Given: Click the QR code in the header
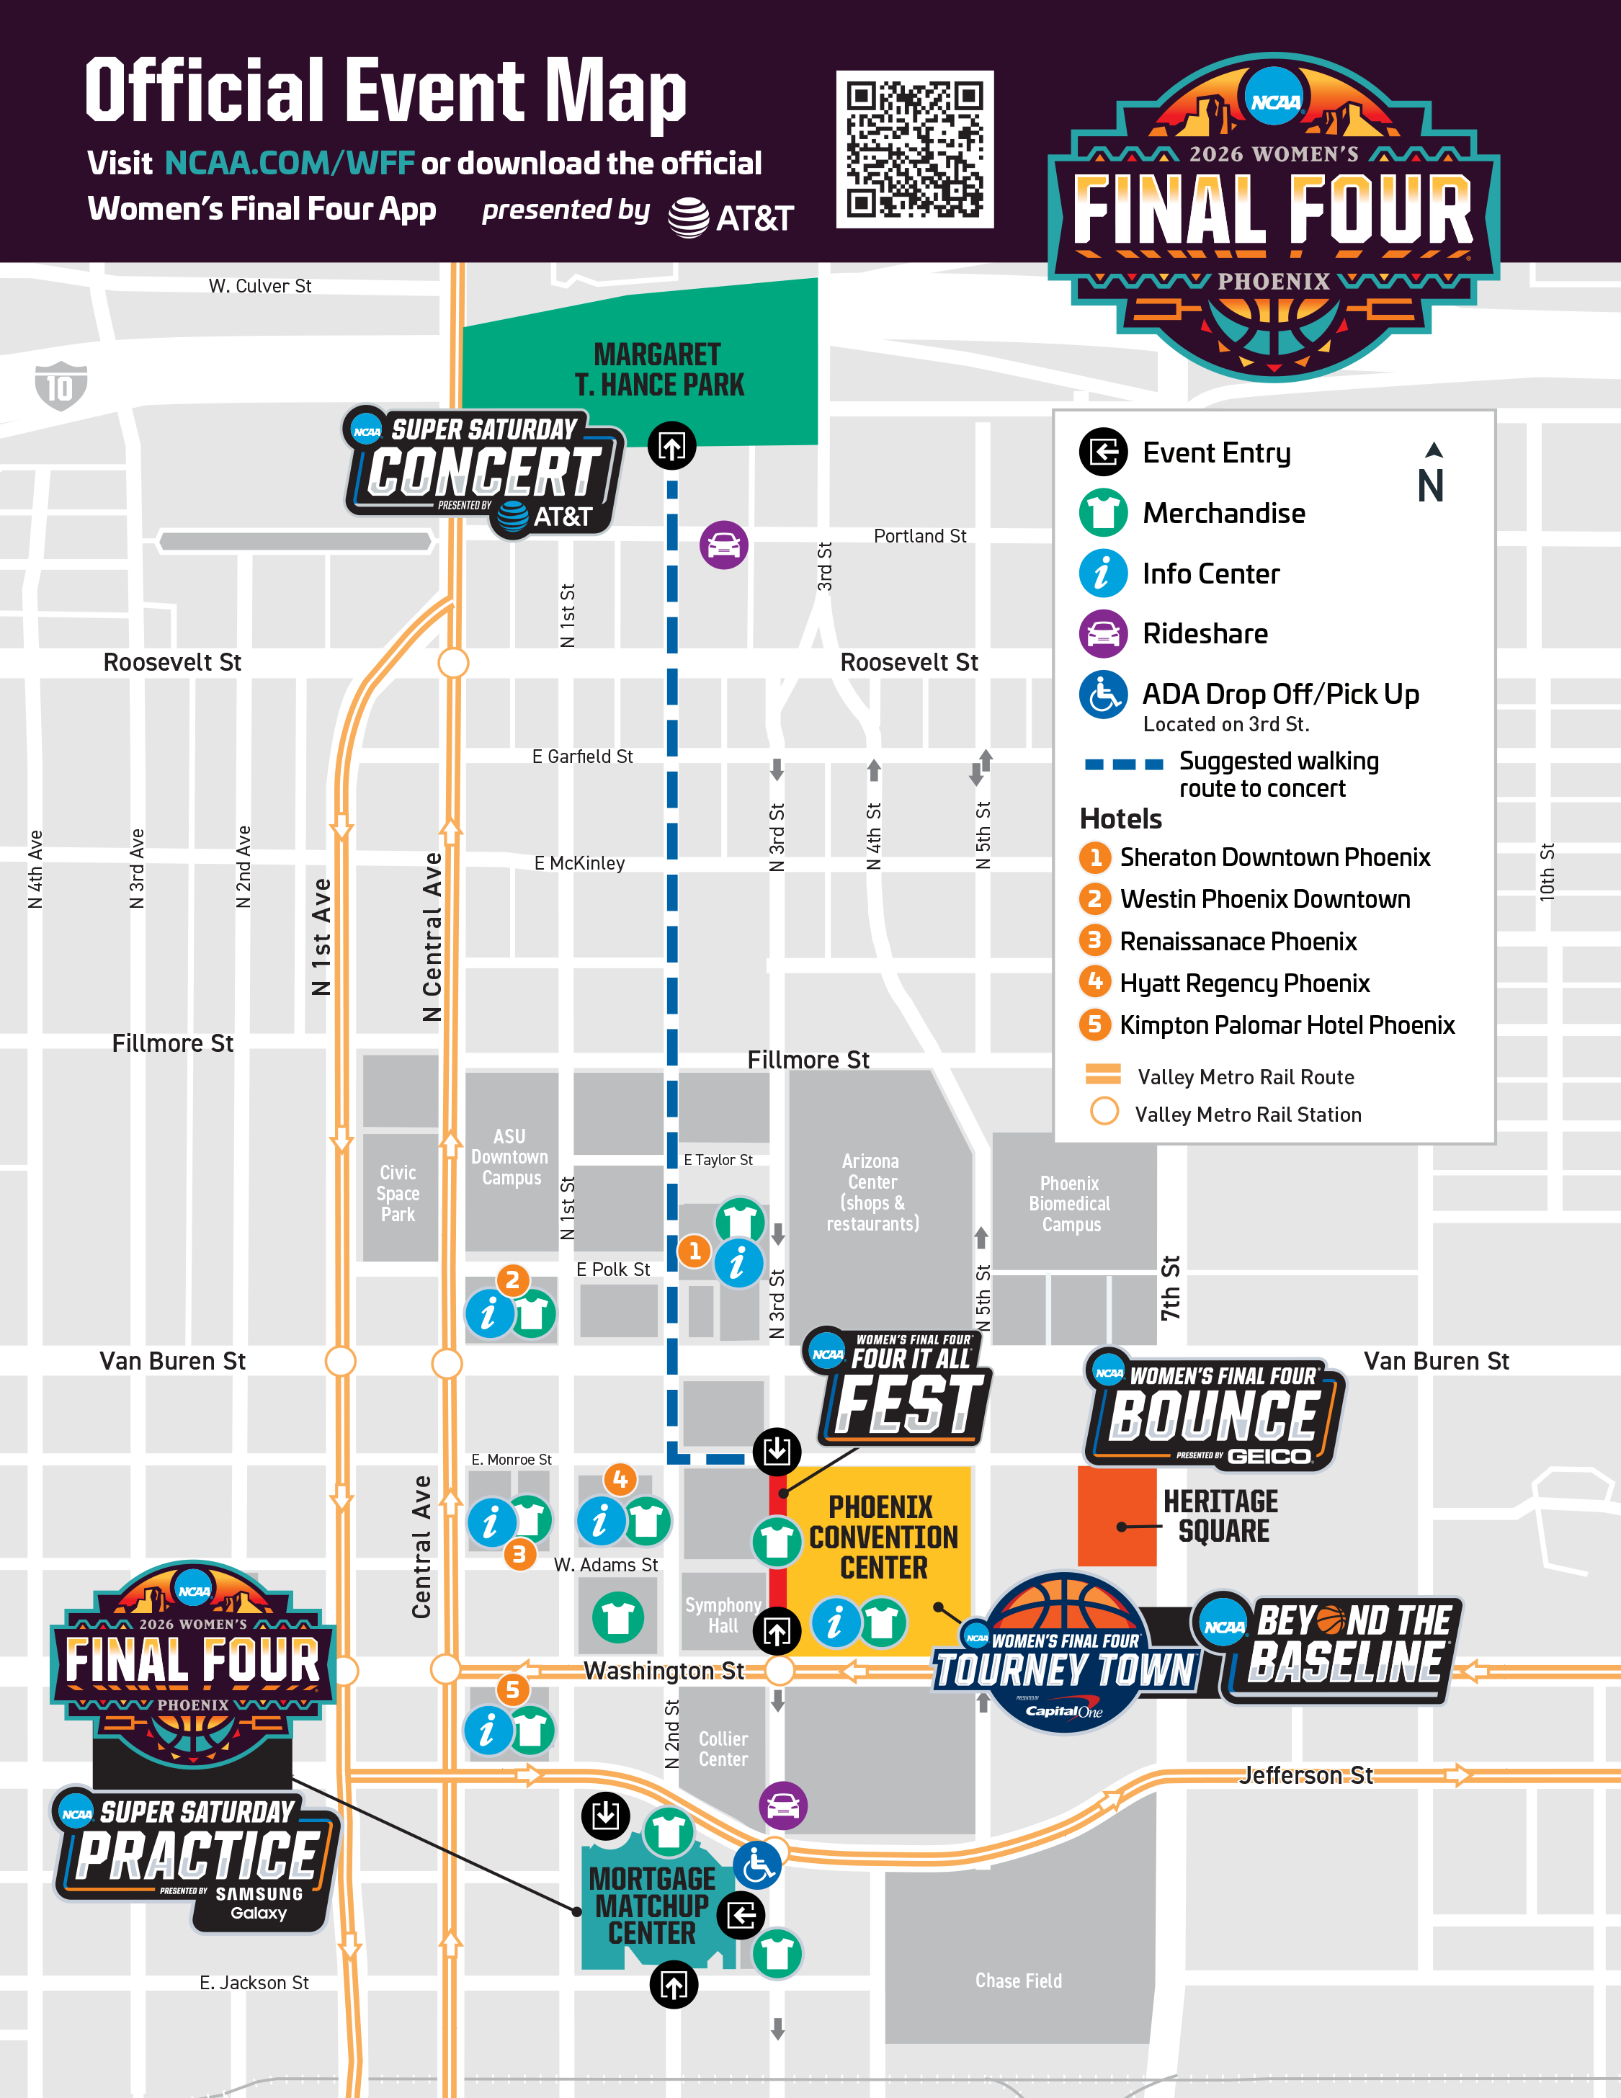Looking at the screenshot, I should coord(914,149).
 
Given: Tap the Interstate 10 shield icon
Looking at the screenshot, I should coord(61,386).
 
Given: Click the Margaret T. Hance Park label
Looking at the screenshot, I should coord(658,370).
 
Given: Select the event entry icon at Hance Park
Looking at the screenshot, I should coord(671,446).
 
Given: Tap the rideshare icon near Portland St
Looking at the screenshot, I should coord(723,545).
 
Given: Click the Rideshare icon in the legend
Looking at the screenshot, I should coord(1102,634).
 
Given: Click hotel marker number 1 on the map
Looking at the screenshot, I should coord(695,1251).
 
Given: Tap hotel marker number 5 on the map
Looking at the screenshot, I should coord(512,1689).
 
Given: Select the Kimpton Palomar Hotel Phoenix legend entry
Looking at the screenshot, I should coord(1286,1025).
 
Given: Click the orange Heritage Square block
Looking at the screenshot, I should coord(1116,1517).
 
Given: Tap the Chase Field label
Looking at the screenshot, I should coord(1018,1981).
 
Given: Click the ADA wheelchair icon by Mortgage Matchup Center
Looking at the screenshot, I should coord(756,1865).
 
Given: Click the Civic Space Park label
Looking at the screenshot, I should coord(398,1193).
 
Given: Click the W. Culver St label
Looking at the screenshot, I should coord(259,286).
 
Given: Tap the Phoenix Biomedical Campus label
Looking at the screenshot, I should coord(1070,1204).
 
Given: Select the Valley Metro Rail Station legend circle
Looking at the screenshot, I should coord(1104,1112).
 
